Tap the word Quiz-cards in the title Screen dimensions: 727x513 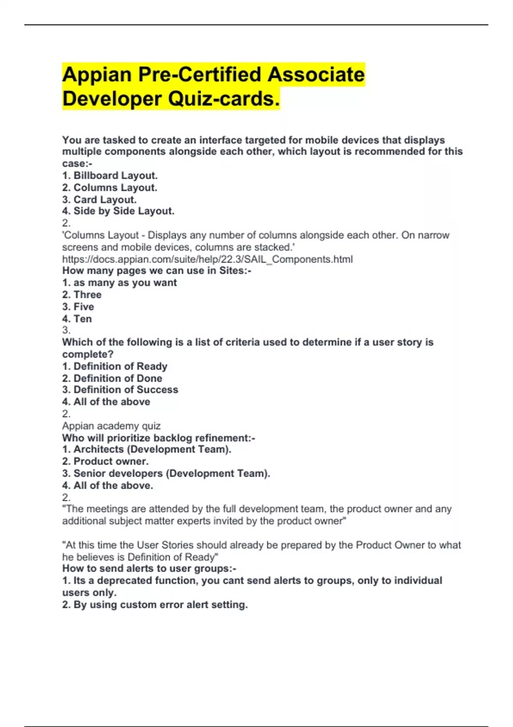click(x=224, y=99)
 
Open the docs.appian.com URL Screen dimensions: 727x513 click(x=207, y=259)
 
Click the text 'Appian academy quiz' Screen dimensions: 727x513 click(x=111, y=426)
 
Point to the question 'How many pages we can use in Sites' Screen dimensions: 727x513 click(x=156, y=271)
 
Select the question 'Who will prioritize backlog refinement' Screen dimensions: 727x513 click(x=159, y=438)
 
